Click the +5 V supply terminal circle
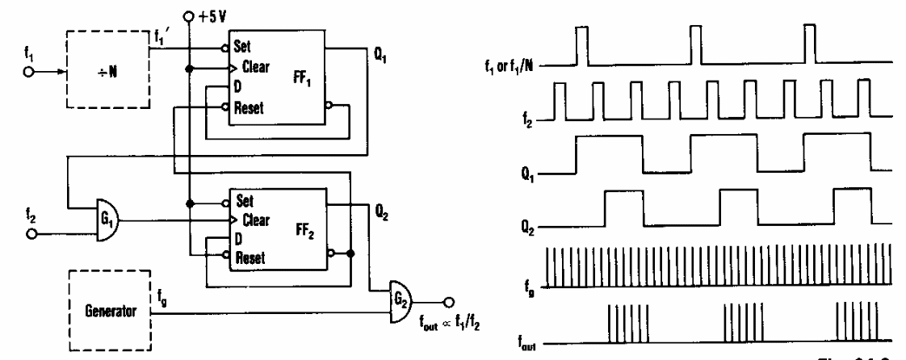tap(188, 15)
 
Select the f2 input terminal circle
tap(30, 236)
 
